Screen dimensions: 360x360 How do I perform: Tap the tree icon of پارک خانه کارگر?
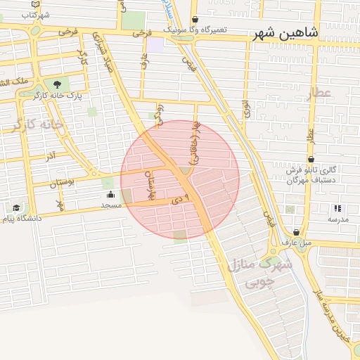pos(57,84)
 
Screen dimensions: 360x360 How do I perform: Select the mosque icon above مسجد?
pos(111,195)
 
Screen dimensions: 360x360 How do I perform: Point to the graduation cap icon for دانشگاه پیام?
pos(16,207)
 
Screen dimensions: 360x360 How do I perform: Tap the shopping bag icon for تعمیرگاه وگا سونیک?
pos(195,20)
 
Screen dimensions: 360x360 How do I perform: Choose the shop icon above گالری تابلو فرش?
pos(311,160)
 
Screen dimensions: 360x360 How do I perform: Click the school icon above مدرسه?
pos(337,208)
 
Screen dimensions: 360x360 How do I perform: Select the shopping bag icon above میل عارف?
pos(296,232)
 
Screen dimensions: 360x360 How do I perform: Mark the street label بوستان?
pos(62,184)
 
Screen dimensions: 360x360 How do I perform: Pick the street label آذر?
pos(51,155)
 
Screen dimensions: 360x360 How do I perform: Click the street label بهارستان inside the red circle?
pos(149,181)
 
